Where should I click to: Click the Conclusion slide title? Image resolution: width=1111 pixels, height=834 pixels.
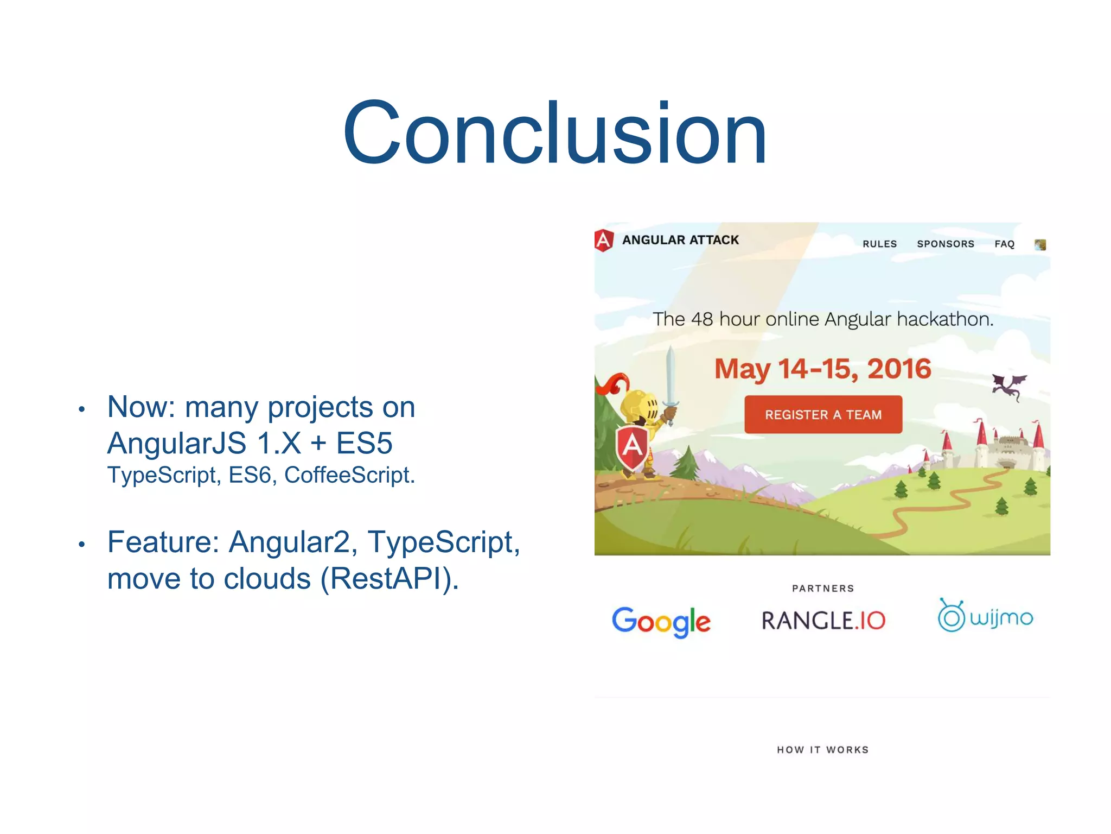554,133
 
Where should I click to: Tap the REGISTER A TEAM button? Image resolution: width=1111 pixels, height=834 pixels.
823,415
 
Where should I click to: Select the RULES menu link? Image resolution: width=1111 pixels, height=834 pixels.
879,244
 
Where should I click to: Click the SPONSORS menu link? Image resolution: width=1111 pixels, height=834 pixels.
946,244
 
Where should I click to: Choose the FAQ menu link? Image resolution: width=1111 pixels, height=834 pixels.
1004,244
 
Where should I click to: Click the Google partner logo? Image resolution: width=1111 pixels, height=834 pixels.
661,621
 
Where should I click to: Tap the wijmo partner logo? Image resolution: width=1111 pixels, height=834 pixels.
986,617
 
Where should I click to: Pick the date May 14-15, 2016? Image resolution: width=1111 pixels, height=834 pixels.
822,369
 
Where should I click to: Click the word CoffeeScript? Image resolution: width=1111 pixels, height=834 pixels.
349,475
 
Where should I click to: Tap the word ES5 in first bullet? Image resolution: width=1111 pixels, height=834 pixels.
364,443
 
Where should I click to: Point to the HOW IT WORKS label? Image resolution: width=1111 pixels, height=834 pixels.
822,750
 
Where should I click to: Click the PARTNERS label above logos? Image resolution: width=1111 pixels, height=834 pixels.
822,589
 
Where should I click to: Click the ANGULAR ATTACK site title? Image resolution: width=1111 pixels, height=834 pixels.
680,240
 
